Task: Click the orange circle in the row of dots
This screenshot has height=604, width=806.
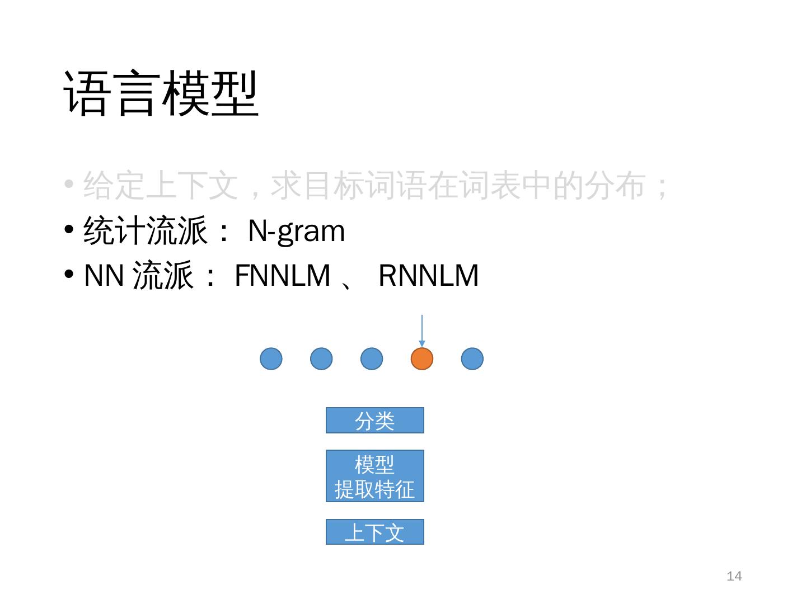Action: tap(422, 358)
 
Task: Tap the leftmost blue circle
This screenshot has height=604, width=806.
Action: tap(271, 358)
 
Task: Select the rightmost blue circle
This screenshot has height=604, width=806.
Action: tap(472, 358)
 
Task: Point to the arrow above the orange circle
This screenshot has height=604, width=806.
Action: tap(422, 331)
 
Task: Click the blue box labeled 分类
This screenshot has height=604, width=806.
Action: tap(375, 421)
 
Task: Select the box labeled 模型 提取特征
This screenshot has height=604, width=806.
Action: tap(375, 476)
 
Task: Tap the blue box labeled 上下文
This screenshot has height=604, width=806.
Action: tap(375, 532)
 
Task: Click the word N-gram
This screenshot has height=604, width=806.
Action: tap(296, 230)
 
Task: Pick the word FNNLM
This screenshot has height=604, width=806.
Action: tap(283, 275)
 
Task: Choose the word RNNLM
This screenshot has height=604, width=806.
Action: tap(429, 275)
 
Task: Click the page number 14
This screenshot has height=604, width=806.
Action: tap(734, 576)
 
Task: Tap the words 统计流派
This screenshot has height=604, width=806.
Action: tap(146, 230)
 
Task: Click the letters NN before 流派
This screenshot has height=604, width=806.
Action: tap(104, 275)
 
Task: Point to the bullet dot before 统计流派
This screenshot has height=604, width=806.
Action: tap(69, 230)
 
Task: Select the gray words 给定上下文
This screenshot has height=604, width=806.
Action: tap(161, 186)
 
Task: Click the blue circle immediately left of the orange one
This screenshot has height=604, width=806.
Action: tap(372, 358)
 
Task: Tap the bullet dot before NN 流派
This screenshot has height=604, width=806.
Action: tap(69, 275)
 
